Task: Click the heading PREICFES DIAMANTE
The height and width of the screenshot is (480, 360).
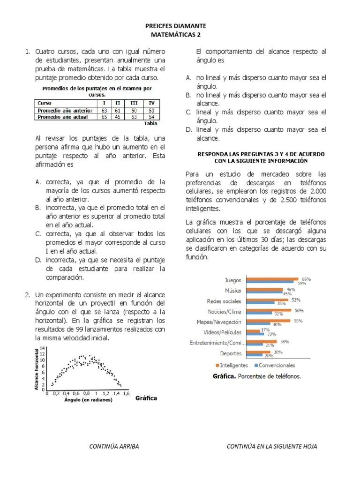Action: click(x=180, y=26)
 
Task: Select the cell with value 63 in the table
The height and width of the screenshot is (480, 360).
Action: click(x=104, y=110)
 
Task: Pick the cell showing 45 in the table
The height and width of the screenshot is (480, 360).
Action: click(x=118, y=117)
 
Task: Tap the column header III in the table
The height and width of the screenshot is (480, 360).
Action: click(x=134, y=103)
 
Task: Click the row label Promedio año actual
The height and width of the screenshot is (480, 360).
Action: click(x=62, y=117)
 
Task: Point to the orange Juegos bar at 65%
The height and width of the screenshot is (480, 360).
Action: click(x=272, y=278)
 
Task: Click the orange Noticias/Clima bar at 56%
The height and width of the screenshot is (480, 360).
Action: click(x=269, y=310)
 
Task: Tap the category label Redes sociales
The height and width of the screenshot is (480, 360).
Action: click(x=224, y=301)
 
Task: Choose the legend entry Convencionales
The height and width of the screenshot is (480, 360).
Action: click(x=277, y=365)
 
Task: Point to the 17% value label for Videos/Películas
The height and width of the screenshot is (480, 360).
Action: click(x=265, y=330)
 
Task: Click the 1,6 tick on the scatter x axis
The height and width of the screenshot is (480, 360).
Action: click(x=126, y=394)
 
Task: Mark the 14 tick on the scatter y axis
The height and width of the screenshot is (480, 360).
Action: click(x=43, y=348)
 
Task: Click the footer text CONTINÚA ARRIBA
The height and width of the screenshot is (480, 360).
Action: click(x=114, y=446)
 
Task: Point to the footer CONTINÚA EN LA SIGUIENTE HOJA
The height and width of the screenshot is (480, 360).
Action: click(x=271, y=446)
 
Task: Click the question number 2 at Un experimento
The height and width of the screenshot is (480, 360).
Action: click(x=28, y=295)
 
